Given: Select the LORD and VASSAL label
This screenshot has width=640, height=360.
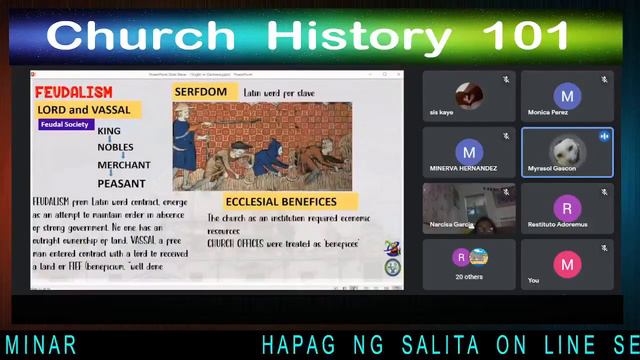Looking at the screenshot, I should [84, 109].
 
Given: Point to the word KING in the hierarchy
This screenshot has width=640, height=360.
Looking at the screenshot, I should [109, 131].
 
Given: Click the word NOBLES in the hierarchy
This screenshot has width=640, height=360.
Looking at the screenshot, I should [115, 147].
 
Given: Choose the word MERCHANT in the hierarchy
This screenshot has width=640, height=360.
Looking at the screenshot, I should [124, 165].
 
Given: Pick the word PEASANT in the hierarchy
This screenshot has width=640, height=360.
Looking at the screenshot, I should [121, 183].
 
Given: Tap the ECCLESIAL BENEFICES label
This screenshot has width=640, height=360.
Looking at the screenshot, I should [280, 201].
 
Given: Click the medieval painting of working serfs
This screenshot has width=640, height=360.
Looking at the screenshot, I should [262, 145].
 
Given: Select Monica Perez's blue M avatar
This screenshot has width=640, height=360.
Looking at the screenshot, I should [567, 96].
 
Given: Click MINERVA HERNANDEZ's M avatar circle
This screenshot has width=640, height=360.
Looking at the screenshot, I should [469, 152].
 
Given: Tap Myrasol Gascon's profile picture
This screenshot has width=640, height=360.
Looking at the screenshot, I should [567, 152].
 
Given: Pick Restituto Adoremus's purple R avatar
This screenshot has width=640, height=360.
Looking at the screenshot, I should [567, 208].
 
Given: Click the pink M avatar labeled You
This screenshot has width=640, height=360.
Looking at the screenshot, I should [567, 264].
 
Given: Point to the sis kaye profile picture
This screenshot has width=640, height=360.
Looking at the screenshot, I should [469, 96].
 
